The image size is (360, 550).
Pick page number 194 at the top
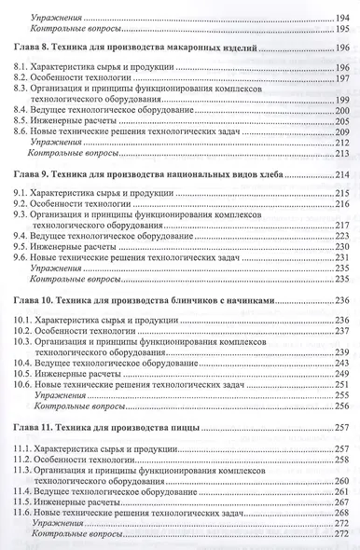point(340,19)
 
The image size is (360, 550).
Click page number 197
point(340,81)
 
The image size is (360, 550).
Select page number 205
point(340,122)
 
